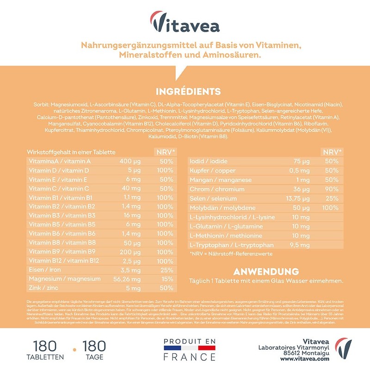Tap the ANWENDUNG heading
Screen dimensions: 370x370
(x=266, y=271)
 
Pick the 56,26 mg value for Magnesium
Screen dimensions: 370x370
(x=123, y=279)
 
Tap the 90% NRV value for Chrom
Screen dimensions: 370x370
(x=331, y=189)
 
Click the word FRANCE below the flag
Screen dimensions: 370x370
(x=190, y=358)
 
